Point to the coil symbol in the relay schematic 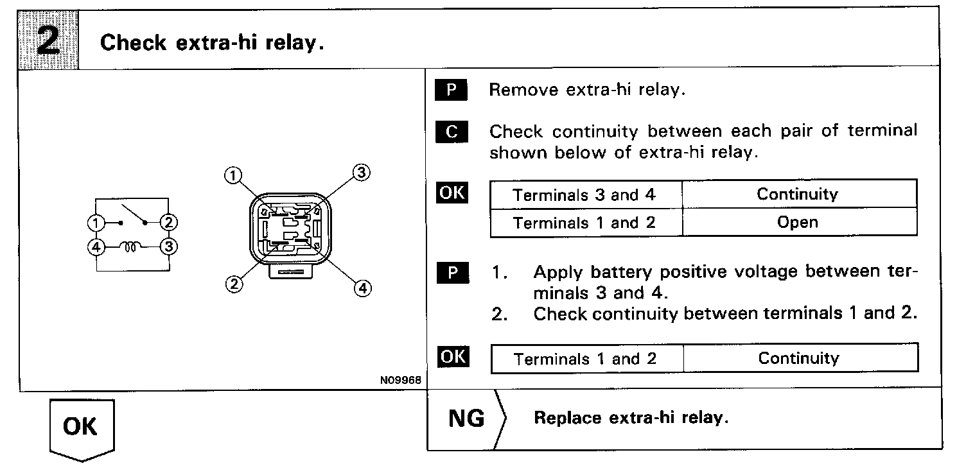click(x=132, y=246)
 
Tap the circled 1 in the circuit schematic click(x=95, y=223)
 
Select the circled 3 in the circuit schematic click(x=169, y=246)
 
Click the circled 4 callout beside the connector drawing click(x=362, y=289)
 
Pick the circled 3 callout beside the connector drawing click(x=362, y=172)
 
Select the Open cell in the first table click(x=798, y=223)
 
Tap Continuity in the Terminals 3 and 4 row click(x=798, y=194)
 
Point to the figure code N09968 click(x=400, y=380)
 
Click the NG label click(x=466, y=419)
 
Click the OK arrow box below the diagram click(x=82, y=427)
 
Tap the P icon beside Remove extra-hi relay click(x=452, y=90)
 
